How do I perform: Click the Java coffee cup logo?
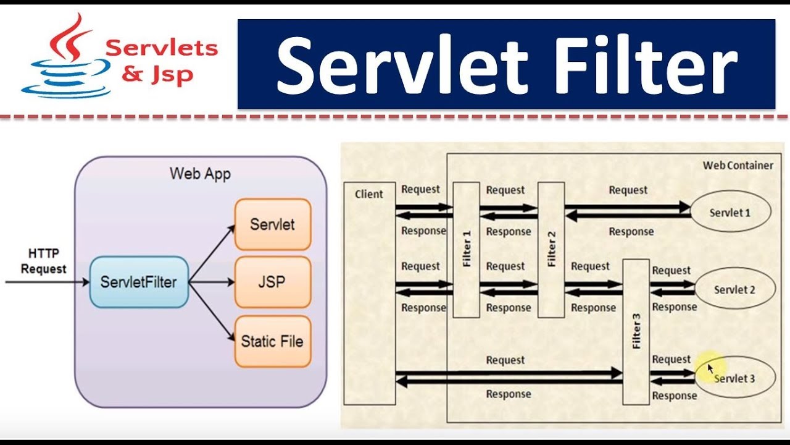[x=65, y=59]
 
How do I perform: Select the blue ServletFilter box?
[x=139, y=282]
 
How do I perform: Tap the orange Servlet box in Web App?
[x=272, y=224]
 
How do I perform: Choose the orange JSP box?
[x=272, y=282]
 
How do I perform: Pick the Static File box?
[x=272, y=341]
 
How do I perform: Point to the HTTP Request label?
[x=43, y=261]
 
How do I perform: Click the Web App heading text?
[x=200, y=174]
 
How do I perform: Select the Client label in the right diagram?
[x=368, y=194]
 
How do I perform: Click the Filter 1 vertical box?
[x=466, y=249]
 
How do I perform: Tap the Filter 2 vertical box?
[x=551, y=249]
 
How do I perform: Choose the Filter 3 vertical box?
[x=636, y=332]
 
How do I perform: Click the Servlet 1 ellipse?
[x=730, y=213]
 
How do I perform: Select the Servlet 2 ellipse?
[x=734, y=289]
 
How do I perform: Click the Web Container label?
[x=738, y=165]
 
